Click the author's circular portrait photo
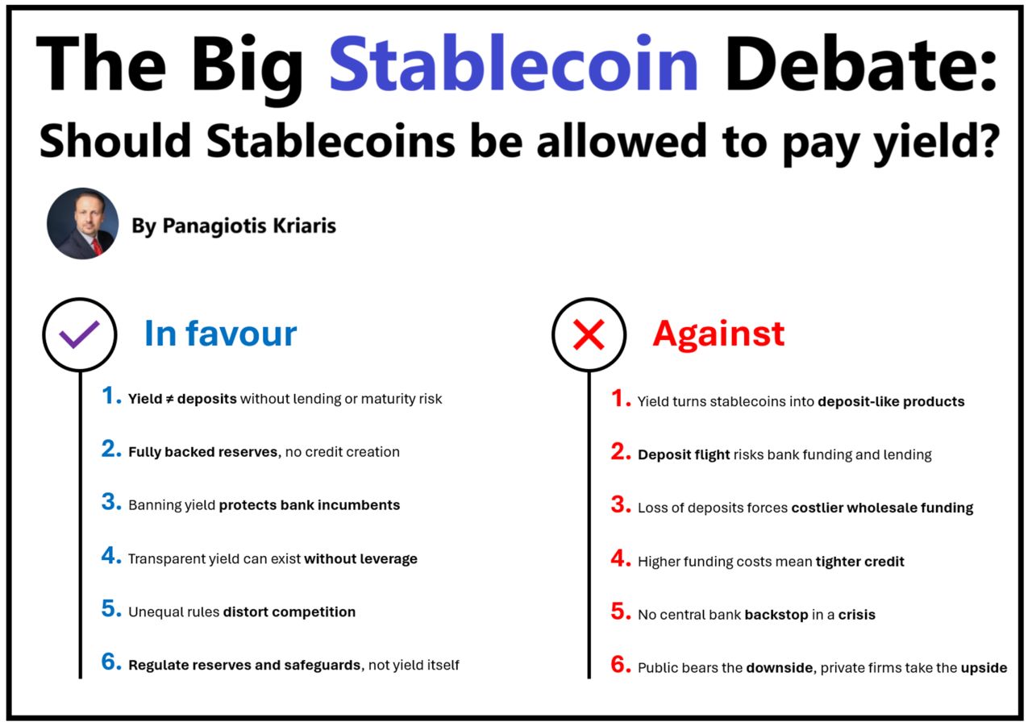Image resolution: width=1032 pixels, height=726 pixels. [83, 223]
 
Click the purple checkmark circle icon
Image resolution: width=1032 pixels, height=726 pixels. [80, 334]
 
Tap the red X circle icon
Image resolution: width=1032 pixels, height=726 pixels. [589, 334]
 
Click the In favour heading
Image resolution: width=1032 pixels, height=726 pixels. [220, 334]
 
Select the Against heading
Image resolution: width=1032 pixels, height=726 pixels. [718, 334]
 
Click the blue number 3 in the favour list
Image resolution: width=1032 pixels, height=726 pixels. [111, 503]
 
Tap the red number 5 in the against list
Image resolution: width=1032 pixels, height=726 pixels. [620, 612]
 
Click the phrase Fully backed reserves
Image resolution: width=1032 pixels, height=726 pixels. [202, 452]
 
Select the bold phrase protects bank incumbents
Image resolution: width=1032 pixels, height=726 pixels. [309, 505]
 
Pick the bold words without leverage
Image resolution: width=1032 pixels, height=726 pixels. [360, 558]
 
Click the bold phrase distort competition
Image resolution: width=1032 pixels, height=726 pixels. [289, 612]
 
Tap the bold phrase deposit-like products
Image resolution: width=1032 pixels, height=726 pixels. [891, 401]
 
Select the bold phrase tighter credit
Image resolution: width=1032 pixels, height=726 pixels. [859, 561]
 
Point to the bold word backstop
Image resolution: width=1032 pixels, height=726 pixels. [776, 614]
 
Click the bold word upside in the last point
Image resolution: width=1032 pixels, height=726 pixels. [984, 667]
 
